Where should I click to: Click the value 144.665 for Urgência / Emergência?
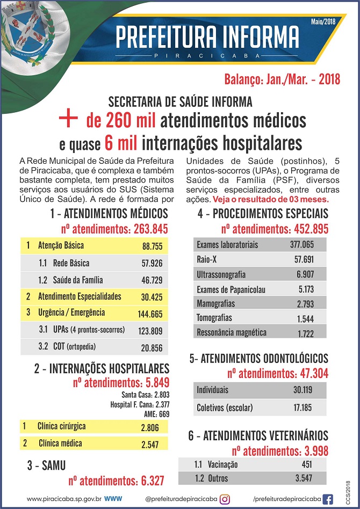point(150,313)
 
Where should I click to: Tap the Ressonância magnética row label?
point(232,332)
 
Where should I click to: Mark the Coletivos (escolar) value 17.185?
point(303,408)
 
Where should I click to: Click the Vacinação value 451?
point(304,464)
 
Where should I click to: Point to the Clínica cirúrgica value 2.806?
point(150,427)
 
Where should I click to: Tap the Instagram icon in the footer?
point(225,499)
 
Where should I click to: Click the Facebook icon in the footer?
point(327,499)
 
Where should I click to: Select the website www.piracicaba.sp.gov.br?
point(64,499)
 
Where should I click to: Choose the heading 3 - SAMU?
point(46,466)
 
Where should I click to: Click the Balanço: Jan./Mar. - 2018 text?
point(282,79)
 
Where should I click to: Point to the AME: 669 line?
point(156,414)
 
